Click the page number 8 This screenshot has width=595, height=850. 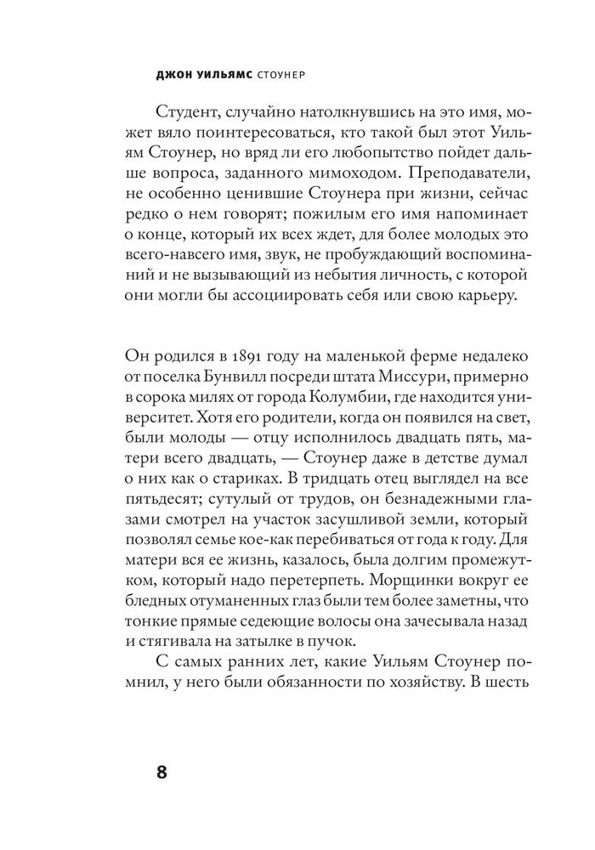pos(162,773)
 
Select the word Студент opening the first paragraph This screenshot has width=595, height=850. pos(192,114)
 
